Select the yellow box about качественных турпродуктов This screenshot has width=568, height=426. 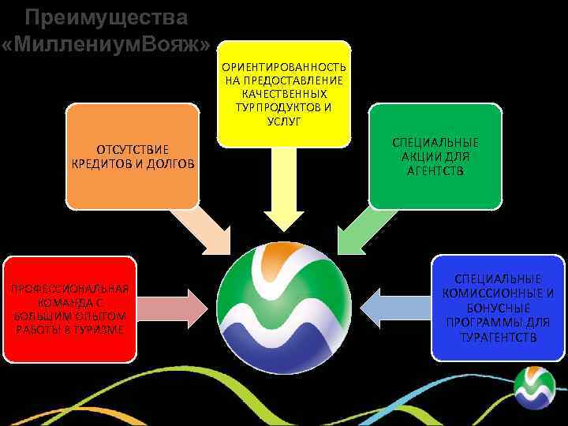coord(284,93)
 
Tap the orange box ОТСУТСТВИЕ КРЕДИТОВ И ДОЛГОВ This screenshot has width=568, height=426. coord(131,156)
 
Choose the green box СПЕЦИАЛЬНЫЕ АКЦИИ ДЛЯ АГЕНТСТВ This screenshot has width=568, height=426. coord(435,156)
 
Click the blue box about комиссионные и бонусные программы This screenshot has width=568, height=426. coord(499,308)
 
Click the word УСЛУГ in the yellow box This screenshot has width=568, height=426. coord(283,120)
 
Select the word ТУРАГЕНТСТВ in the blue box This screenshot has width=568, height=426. coord(498,338)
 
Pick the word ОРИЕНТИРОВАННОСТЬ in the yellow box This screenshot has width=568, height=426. coord(283,66)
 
